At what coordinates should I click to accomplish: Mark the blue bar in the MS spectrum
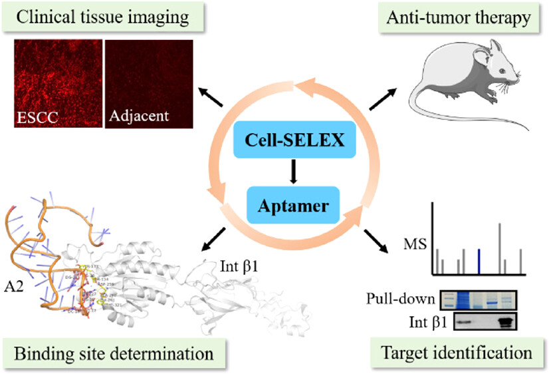(x=479, y=262)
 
